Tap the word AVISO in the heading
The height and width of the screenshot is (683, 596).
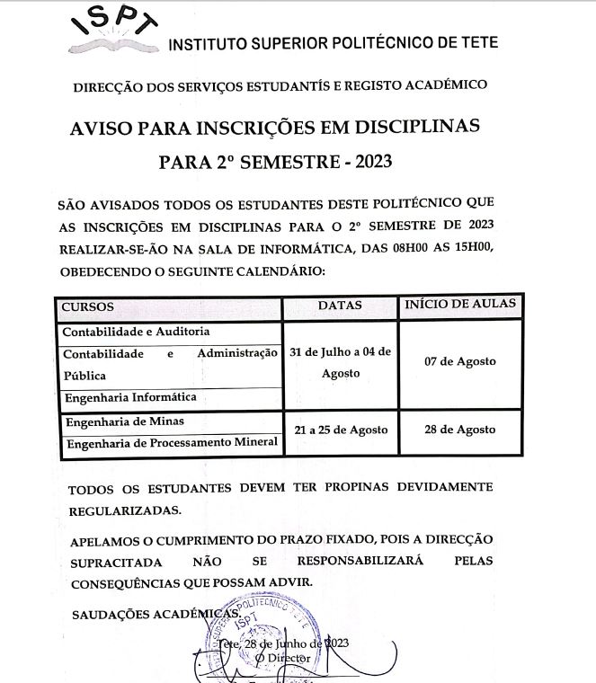pos(102,127)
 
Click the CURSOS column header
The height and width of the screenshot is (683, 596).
pos(87,306)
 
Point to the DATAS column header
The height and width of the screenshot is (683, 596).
pos(340,306)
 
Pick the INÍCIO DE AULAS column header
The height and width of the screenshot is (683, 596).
pos(460,305)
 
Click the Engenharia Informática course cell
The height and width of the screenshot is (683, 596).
pos(129,396)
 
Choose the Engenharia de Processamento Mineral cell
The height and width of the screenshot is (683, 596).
pos(170,442)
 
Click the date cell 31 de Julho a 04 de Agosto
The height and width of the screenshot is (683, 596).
pos(340,361)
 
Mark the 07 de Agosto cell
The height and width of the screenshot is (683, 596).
pos(459,361)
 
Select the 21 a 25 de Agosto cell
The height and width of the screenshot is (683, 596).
pos(341,430)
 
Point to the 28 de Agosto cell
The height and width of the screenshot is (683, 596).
pos(459,430)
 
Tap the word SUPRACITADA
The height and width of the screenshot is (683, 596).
pos(116,562)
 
